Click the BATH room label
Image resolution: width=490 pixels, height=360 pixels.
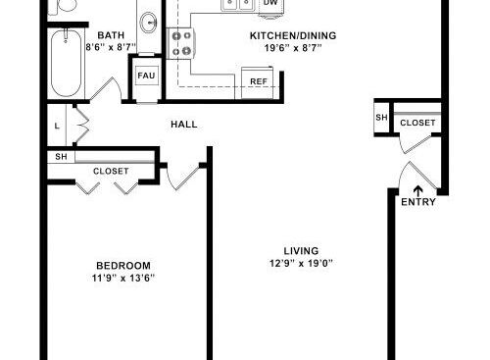click(111, 35)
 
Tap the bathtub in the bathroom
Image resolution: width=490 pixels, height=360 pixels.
click(67, 63)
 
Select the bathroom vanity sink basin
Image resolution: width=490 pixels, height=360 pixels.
click(149, 23)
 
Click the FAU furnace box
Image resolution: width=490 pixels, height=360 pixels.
click(146, 76)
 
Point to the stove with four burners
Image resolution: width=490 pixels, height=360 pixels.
click(181, 43)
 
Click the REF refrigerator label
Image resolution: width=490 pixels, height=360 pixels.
click(259, 81)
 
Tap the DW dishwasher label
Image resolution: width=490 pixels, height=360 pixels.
click(270, 3)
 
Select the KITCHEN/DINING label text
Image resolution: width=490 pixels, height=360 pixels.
click(293, 35)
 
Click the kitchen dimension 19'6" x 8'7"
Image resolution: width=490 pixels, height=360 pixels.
click(293, 48)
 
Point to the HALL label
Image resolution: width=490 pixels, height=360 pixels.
click(184, 125)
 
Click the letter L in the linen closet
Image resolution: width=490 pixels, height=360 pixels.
click(57, 126)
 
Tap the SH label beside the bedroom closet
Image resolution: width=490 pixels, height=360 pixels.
click(61, 157)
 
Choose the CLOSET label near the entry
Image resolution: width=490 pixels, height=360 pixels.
click(417, 123)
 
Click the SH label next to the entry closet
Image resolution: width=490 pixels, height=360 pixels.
click(381, 117)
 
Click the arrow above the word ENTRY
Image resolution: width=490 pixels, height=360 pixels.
click(418, 190)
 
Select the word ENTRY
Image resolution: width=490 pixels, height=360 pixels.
click(418, 202)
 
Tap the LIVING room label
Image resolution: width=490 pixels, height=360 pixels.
click(301, 251)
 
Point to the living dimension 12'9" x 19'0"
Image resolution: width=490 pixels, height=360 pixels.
click(301, 263)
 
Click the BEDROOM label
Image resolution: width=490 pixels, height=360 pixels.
click(123, 266)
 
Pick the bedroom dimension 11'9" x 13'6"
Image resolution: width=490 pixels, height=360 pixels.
click(123, 279)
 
